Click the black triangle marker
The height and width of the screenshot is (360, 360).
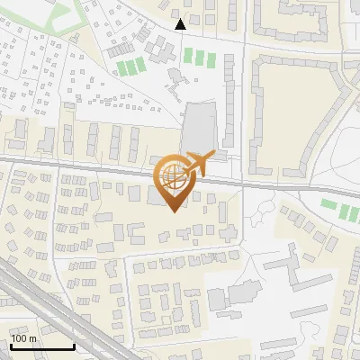tap(181, 24)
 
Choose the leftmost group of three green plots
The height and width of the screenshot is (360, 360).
tap(131, 66)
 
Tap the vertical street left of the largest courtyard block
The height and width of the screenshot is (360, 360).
tap(245, 108)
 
